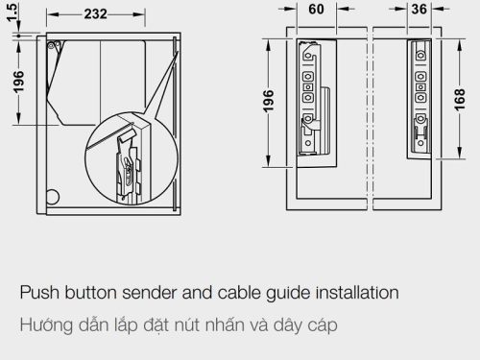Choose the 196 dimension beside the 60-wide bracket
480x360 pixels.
269,101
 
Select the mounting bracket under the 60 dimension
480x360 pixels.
310,96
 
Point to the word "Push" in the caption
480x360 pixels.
39,291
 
